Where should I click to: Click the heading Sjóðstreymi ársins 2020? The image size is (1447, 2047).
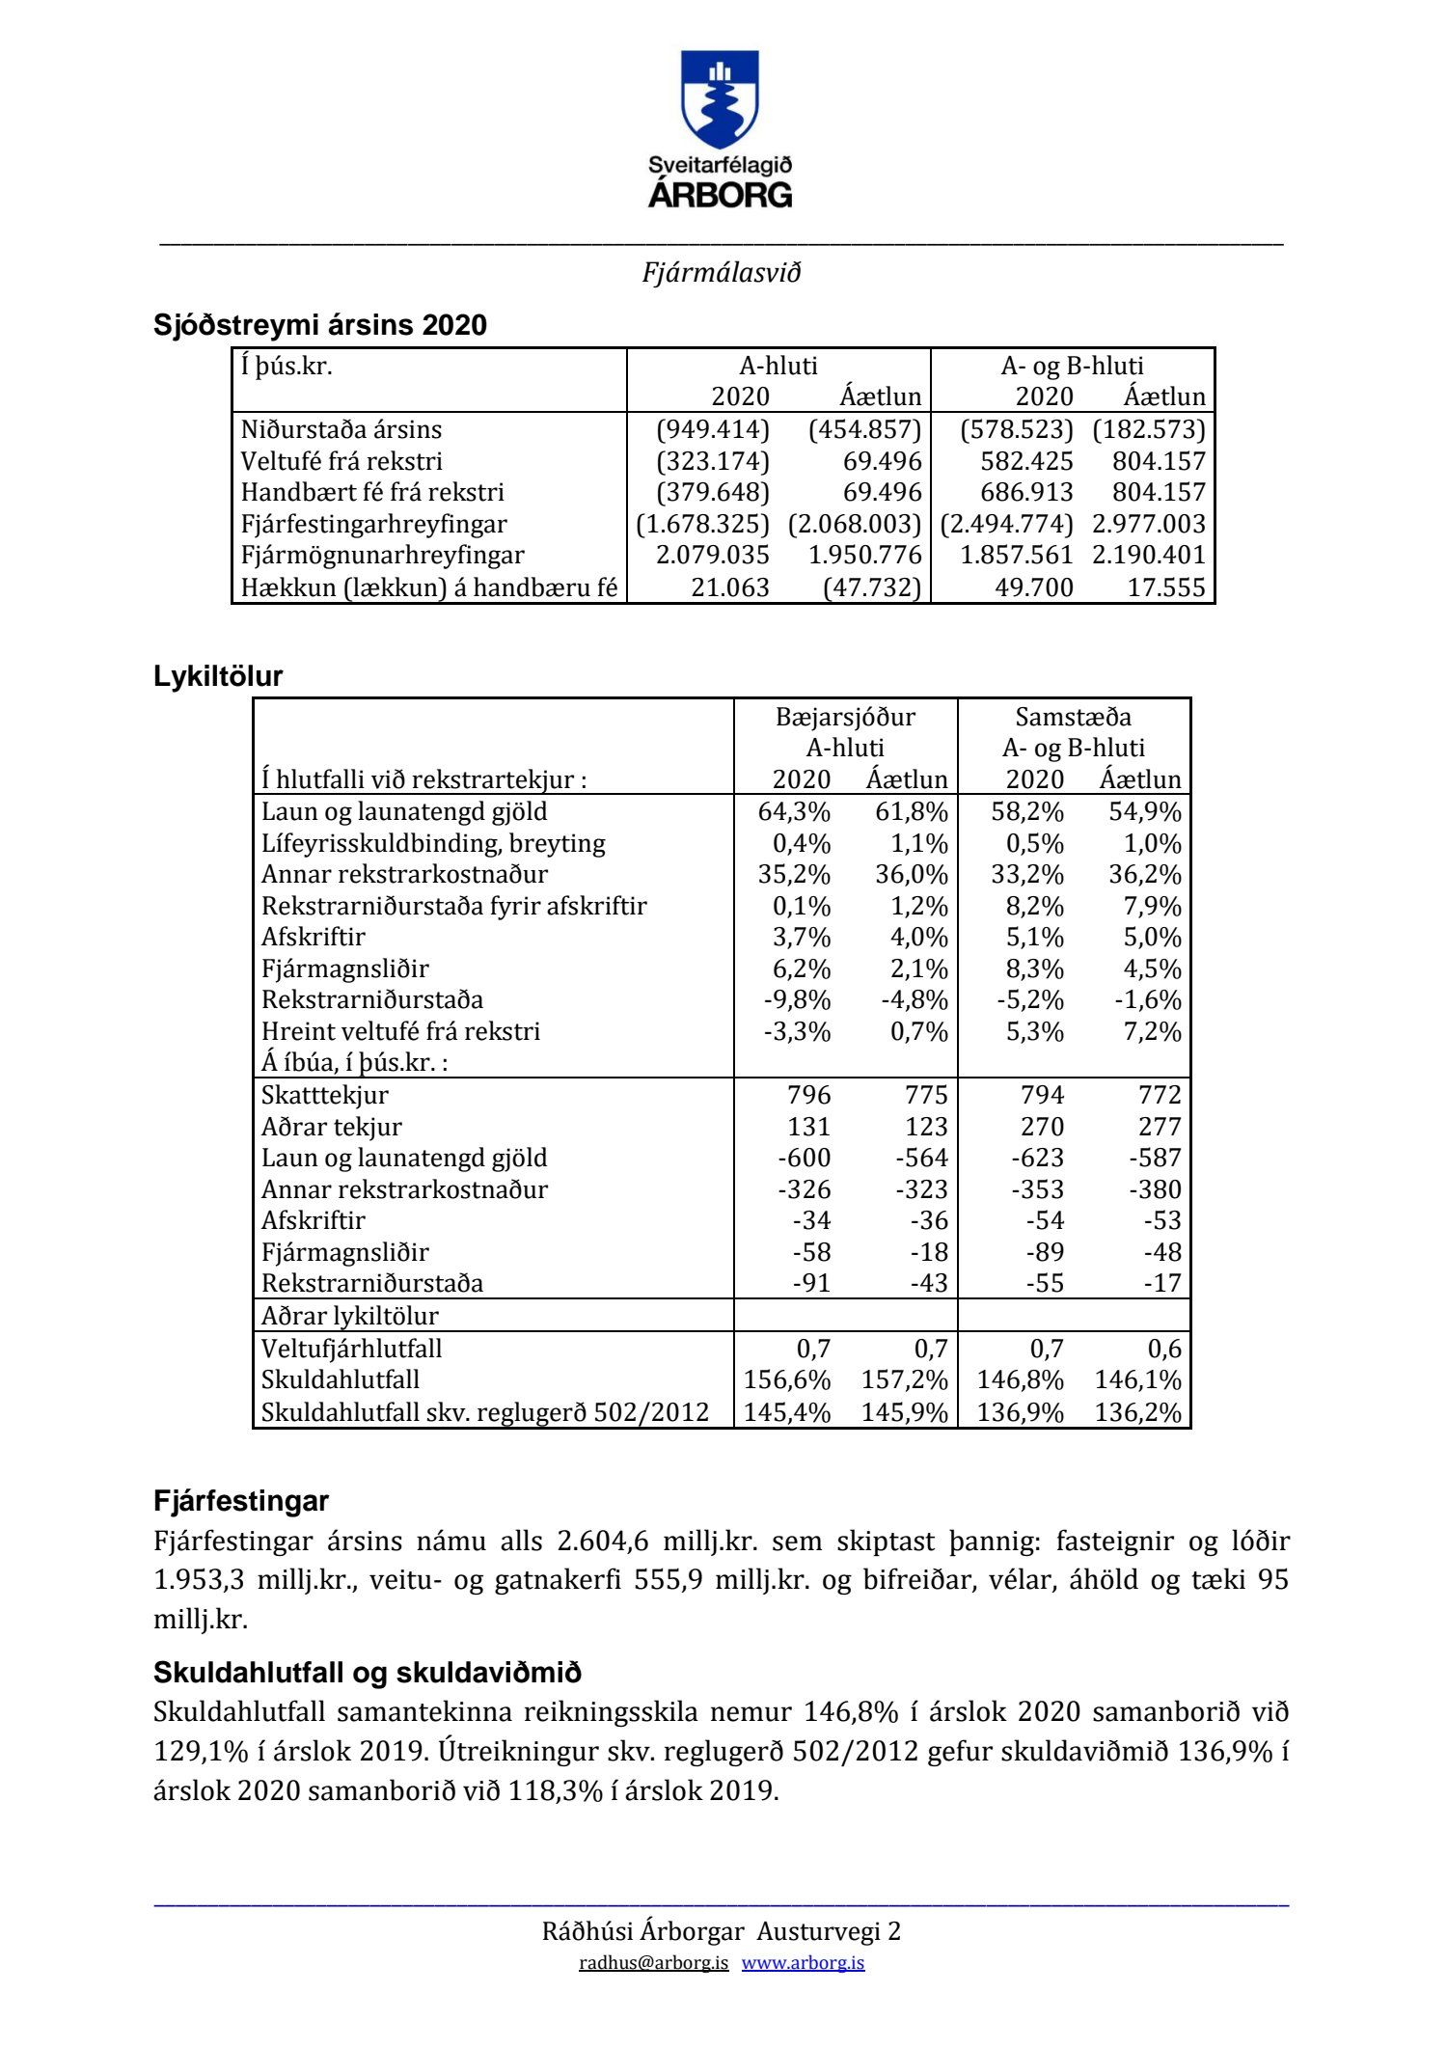pos(319,325)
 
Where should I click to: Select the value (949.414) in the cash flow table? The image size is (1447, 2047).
pos(713,429)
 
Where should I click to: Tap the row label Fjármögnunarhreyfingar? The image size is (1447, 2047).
pos(382,556)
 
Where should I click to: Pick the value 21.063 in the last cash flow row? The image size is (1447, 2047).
pos(730,587)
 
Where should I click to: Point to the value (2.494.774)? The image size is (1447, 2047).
pos(1007,524)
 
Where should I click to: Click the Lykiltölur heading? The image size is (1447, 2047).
pos(218,676)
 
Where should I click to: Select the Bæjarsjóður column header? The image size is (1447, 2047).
pos(845,717)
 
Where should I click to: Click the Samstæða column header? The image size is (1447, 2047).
pos(1073,717)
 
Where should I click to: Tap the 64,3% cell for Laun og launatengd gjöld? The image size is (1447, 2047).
pos(794,811)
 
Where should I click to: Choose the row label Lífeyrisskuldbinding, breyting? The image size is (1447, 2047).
pos(433,843)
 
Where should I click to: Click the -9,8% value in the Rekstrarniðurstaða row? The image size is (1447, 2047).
pos(797,999)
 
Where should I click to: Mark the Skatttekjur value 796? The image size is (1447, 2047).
pos(808,1095)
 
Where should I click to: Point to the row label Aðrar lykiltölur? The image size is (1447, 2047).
pos(349,1316)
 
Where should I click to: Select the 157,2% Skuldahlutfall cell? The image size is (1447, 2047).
pos(905,1380)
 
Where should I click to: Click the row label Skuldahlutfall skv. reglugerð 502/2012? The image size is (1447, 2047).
pos(484,1412)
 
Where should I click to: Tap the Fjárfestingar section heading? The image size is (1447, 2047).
pos(240,1501)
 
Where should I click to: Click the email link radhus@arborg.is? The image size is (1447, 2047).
pos(653,1963)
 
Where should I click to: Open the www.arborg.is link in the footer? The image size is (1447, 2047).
pos(803,1963)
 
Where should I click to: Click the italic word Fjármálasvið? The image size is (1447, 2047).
pos(722,273)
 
